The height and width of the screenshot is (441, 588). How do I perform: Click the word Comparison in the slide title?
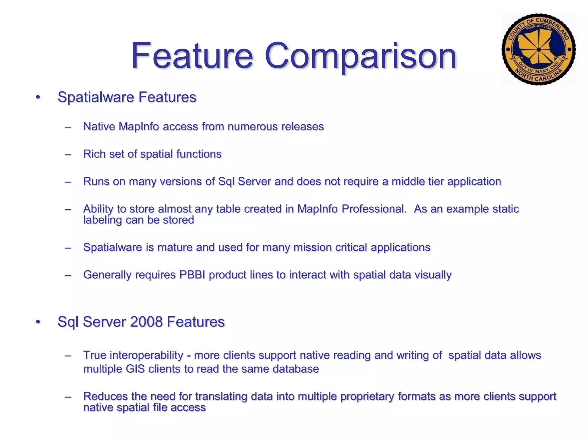(360, 56)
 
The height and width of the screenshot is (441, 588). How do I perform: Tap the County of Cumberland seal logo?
(538, 49)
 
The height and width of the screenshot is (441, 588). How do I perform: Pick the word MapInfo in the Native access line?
(139, 127)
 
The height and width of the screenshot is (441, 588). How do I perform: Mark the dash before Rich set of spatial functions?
(68, 154)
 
